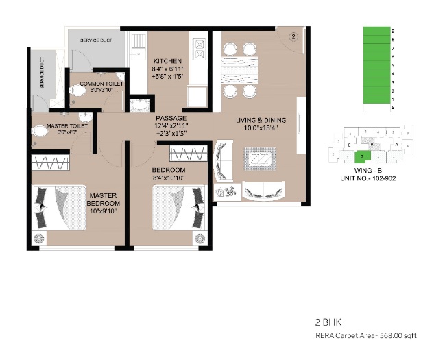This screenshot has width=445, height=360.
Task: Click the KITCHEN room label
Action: [167, 60]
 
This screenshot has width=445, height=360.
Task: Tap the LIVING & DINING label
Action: [261, 121]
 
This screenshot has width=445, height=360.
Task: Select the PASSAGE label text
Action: [171, 118]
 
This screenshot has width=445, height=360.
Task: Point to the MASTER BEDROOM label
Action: [104, 200]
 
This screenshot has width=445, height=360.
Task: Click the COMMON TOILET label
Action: [101, 84]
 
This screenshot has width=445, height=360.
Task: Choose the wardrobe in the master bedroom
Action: [52, 165]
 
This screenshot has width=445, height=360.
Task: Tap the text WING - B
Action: [364, 170]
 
